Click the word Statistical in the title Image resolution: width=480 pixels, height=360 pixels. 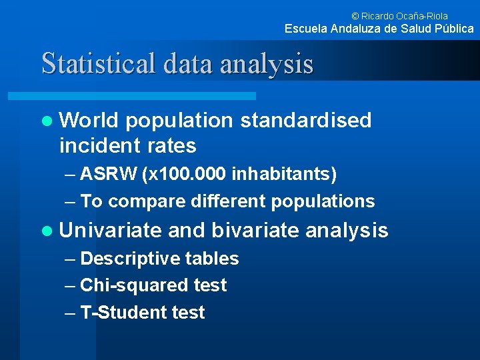[x=98, y=64]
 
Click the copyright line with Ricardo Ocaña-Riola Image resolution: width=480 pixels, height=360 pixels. [x=399, y=15]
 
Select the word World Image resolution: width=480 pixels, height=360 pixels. [x=88, y=121]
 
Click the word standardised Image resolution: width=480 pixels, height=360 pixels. [x=305, y=121]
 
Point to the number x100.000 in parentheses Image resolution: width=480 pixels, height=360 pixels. [x=185, y=175]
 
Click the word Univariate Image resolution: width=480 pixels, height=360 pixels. [x=110, y=231]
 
